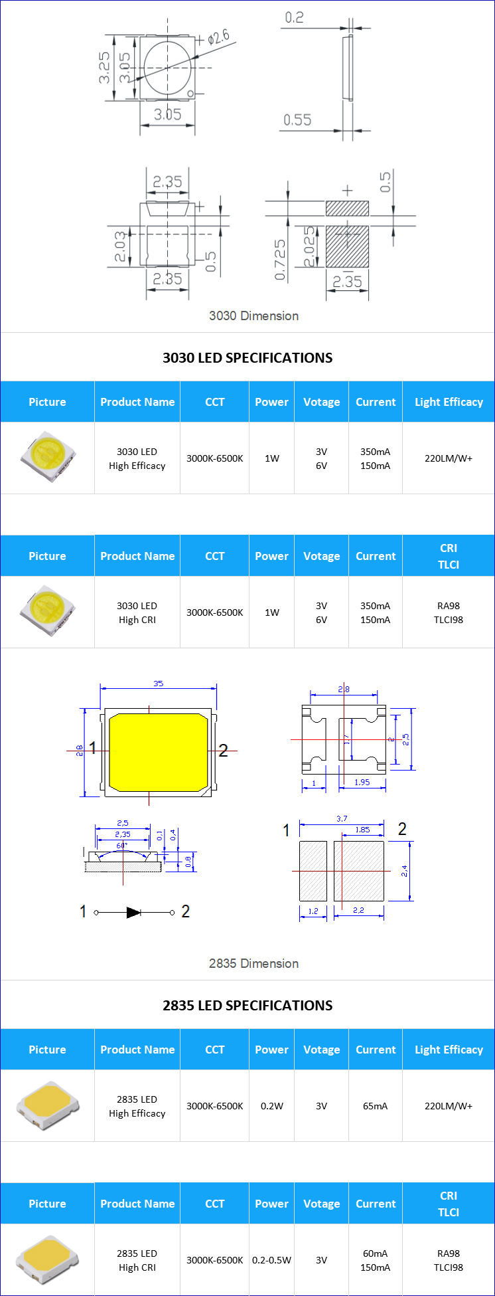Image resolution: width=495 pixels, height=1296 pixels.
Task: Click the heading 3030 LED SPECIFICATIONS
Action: (247, 357)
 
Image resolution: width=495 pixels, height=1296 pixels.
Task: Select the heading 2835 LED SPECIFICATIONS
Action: (247, 1005)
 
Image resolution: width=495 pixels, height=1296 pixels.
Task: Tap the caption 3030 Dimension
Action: (253, 316)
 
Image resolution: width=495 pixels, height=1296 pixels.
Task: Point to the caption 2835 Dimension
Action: (253, 963)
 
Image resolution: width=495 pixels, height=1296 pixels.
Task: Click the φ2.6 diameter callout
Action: (218, 37)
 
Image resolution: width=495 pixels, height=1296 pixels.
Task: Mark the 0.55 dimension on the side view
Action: (297, 120)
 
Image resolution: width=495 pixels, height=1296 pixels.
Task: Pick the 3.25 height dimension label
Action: (105, 68)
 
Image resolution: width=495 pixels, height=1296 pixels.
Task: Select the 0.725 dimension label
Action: (280, 260)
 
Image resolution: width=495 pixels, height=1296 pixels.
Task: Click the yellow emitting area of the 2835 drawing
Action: (158, 753)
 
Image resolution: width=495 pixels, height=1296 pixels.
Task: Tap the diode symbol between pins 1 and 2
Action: (133, 912)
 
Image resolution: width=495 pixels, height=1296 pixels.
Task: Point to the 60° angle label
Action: (122, 846)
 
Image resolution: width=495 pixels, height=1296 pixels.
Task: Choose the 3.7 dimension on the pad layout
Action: (342, 818)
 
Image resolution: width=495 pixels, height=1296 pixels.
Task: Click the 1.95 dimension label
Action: (362, 782)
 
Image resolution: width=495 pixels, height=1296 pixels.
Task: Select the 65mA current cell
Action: (375, 1106)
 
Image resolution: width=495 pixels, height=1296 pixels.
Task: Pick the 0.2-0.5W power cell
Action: (271, 1260)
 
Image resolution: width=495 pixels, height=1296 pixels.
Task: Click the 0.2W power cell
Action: (271, 1106)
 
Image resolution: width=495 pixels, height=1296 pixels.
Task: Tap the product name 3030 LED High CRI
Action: (137, 612)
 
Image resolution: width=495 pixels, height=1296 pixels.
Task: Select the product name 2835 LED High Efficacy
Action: (137, 1106)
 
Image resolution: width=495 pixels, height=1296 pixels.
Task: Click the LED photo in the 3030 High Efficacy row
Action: (47, 457)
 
